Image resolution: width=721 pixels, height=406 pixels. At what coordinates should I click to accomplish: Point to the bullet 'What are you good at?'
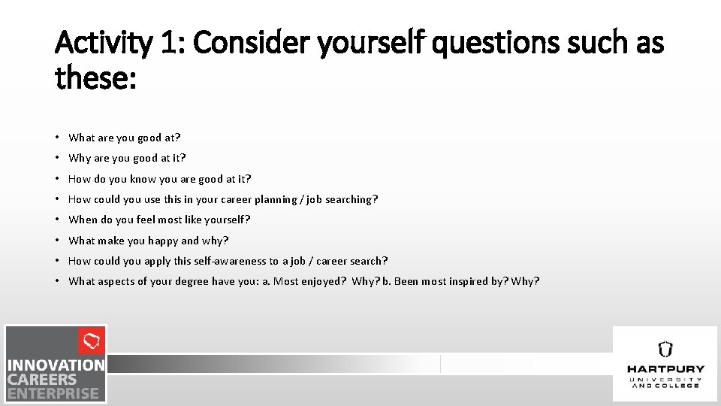(125, 138)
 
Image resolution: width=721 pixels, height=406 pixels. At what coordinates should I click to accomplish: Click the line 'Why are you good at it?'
(127, 158)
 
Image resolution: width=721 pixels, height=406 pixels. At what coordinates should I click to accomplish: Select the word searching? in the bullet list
(353, 199)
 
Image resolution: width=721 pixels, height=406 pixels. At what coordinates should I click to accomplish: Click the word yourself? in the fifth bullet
(226, 220)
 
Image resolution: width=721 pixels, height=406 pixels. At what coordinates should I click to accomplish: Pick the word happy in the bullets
(163, 241)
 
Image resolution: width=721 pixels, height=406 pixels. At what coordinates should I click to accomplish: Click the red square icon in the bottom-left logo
(92, 341)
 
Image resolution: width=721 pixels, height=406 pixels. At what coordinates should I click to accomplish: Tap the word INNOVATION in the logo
(56, 365)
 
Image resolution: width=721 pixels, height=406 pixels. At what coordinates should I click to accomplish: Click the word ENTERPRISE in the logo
(53, 392)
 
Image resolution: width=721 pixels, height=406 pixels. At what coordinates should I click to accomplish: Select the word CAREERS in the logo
(43, 379)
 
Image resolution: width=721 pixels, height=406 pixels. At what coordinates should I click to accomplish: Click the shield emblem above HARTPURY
(665, 350)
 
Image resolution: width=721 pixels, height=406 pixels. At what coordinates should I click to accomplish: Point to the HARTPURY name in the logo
(665, 369)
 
